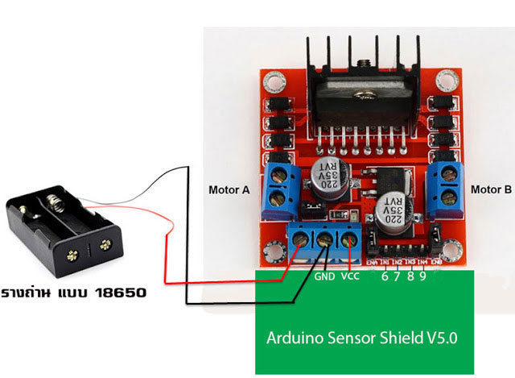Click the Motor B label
[490, 191]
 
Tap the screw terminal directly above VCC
[349, 239]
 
